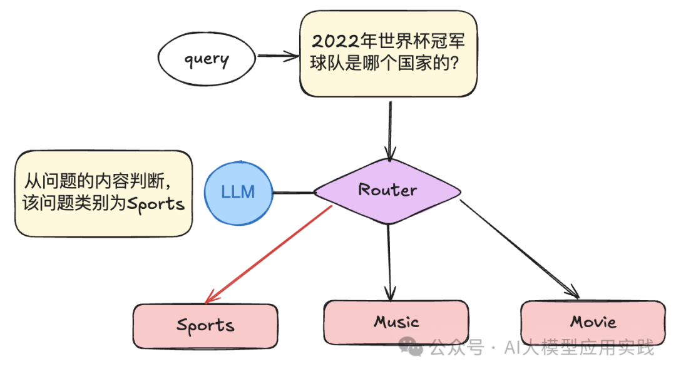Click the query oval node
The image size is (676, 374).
[x=206, y=59]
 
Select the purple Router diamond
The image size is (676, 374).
[x=387, y=191]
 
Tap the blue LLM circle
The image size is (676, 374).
[x=238, y=191]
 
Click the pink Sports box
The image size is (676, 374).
[x=205, y=325]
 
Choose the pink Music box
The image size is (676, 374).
[x=396, y=322]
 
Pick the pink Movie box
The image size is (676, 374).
[x=593, y=323]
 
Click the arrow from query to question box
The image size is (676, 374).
[x=278, y=56]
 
